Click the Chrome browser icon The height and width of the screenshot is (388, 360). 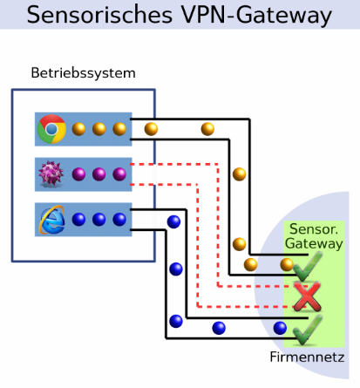click(x=51, y=129)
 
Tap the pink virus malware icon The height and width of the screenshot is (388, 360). click(x=51, y=174)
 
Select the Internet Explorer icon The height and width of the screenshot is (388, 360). click(x=51, y=220)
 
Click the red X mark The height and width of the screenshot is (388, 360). click(x=308, y=296)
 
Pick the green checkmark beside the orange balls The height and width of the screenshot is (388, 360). click(x=308, y=266)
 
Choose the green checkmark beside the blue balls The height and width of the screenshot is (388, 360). click(x=308, y=330)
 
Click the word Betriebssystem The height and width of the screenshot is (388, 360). click(x=83, y=73)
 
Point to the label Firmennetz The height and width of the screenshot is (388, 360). click(x=307, y=357)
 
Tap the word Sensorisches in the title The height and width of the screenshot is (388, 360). click(x=99, y=15)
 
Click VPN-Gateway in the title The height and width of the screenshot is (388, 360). click(x=257, y=16)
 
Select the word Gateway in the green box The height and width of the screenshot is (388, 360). click(x=314, y=243)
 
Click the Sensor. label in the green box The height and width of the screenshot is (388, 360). click(x=314, y=229)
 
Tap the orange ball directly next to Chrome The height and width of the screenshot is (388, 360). click(x=78, y=129)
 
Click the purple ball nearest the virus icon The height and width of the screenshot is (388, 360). click(x=78, y=174)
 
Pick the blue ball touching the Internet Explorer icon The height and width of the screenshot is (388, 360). click(x=78, y=220)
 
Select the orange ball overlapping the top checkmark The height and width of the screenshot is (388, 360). click(x=287, y=264)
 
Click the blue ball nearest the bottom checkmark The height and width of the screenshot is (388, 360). click(x=280, y=328)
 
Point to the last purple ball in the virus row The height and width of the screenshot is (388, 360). click(x=119, y=174)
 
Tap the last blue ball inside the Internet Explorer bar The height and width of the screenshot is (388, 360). click(x=119, y=220)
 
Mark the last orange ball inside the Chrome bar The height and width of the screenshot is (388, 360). click(x=119, y=129)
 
